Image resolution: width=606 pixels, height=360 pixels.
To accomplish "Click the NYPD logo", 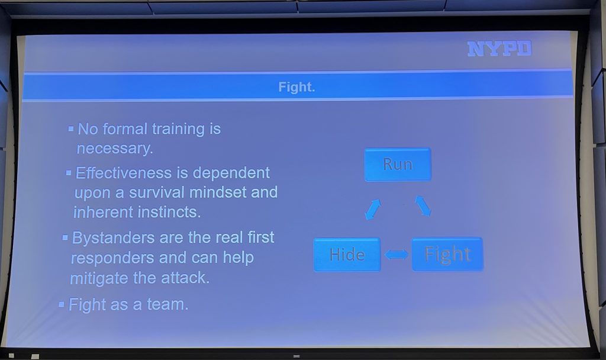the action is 499,49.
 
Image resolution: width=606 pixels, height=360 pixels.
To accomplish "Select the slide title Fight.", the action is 297,87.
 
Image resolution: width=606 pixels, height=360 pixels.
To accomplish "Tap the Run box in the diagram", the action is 398,165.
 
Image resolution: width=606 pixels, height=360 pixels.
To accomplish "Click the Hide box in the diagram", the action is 347,255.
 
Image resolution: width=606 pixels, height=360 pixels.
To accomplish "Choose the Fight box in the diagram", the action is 447,254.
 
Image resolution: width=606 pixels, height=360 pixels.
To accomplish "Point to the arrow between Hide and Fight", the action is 397,255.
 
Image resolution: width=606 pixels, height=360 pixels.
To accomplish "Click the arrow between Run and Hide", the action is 373,210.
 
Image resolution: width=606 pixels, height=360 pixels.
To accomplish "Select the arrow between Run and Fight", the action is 423,205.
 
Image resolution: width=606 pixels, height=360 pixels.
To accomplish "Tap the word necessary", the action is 115,149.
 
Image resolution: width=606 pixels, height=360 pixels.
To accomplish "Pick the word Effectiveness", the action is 124,173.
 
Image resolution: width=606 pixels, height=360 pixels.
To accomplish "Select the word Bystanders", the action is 114,238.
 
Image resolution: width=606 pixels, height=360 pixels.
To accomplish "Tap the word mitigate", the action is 99,278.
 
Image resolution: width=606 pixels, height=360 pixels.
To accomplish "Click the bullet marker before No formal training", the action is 71,128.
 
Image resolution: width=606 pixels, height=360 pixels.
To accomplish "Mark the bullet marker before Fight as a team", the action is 62,305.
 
